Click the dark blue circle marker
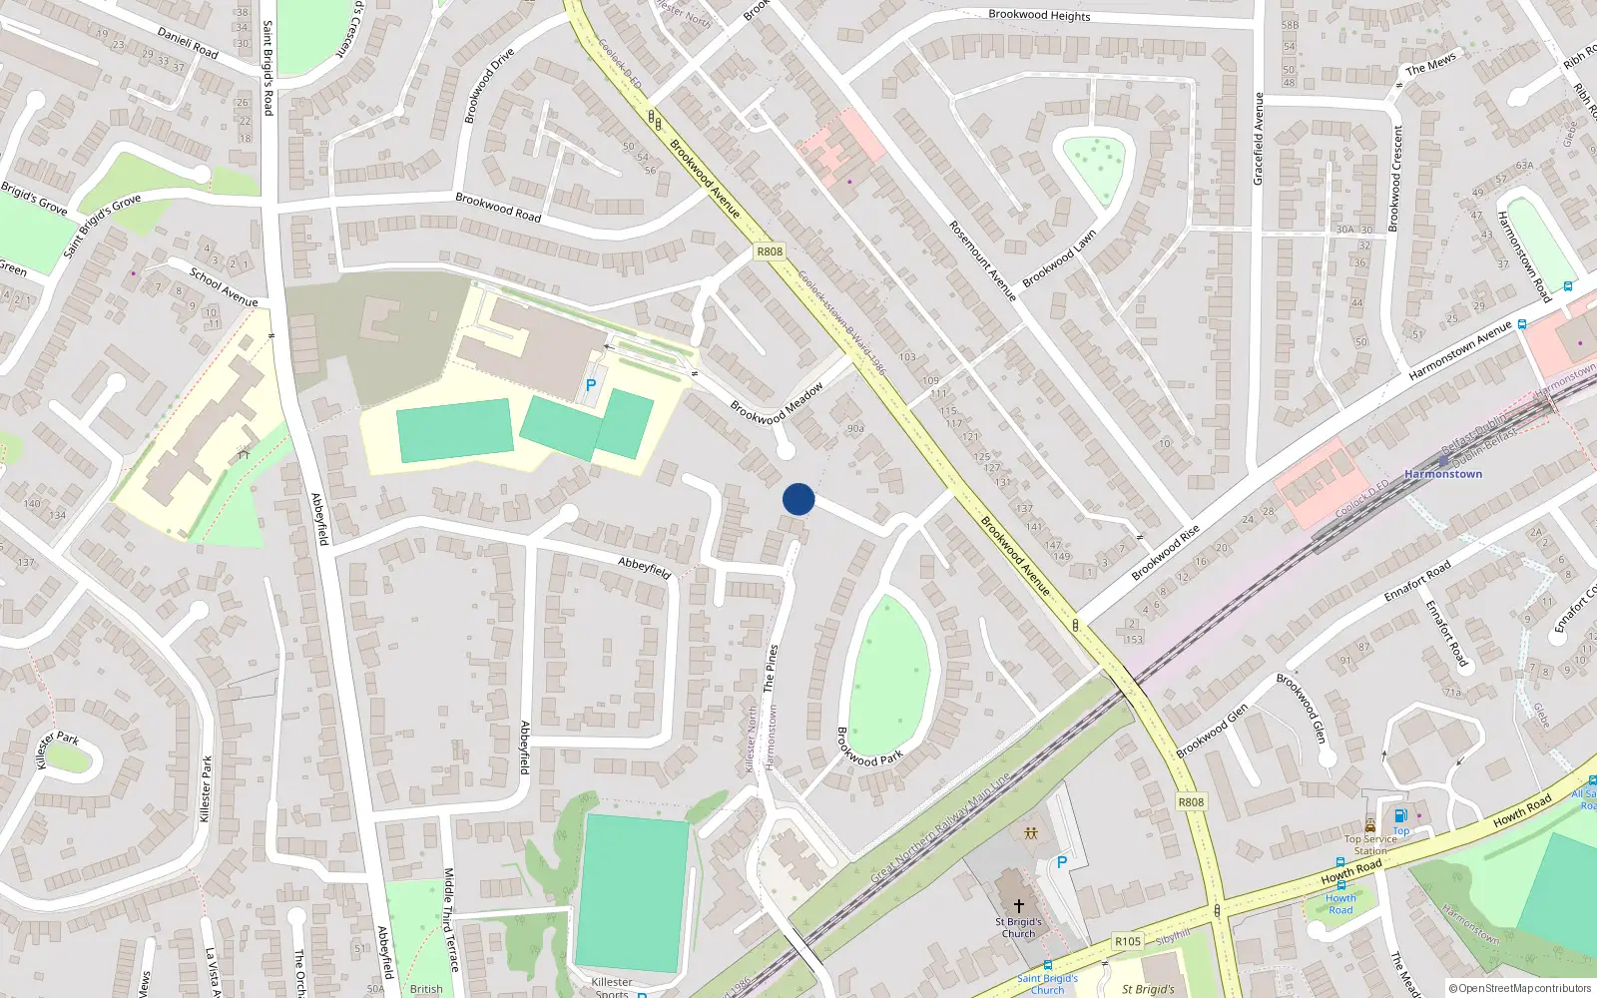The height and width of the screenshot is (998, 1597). tap(798, 499)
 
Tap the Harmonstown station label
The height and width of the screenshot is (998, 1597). tap(1443, 474)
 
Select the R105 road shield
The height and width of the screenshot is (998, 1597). tap(1128, 941)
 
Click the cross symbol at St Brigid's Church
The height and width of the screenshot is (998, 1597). tap(1018, 905)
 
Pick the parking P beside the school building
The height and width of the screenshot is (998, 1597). tap(591, 385)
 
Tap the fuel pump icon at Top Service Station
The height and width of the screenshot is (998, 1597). tap(1400, 816)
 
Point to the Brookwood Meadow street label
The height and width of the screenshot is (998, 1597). tap(777, 403)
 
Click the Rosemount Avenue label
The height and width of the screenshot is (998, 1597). tap(982, 260)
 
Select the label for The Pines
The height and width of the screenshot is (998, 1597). tap(770, 668)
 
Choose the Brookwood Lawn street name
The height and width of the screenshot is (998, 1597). tap(1059, 258)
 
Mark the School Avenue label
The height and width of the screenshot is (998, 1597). tap(224, 287)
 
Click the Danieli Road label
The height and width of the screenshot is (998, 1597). tap(188, 44)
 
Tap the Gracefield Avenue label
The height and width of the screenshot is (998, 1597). tap(1259, 139)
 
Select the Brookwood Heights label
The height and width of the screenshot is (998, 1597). tap(1039, 15)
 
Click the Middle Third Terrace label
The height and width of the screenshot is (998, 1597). tap(450, 919)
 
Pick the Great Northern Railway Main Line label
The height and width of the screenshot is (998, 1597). tap(940, 826)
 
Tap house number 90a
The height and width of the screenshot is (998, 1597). tap(854, 428)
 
